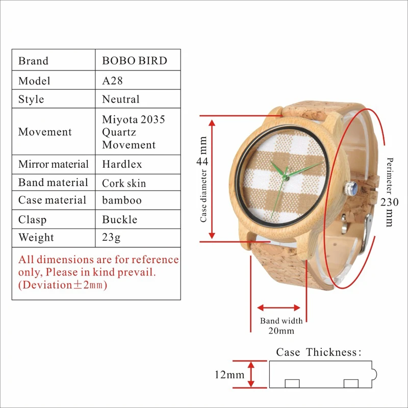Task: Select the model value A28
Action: (112, 81)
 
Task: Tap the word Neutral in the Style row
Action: (121, 99)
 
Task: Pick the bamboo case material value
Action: (122, 200)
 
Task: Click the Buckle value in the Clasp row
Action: (120, 219)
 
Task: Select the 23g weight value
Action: (111, 237)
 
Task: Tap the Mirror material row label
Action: (54, 164)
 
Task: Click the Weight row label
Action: (36, 237)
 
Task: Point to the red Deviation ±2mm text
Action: (63, 285)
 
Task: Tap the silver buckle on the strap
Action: (366, 234)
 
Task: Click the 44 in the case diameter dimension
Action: (202, 161)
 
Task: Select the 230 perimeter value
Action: (389, 202)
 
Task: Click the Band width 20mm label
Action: (282, 325)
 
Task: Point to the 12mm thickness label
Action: (229, 375)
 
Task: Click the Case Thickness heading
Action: (319, 352)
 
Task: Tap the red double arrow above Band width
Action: (278, 308)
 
